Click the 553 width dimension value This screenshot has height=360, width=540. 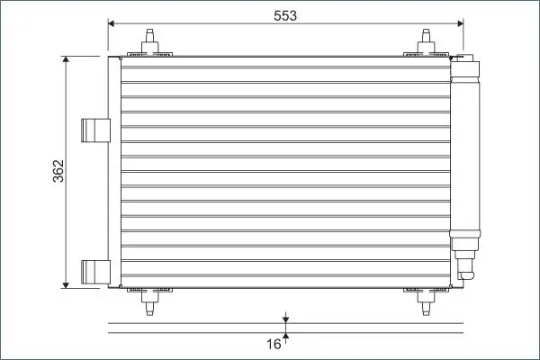coord(285,15)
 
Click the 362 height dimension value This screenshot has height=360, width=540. coord(58,171)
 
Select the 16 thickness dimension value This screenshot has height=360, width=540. coord(274,344)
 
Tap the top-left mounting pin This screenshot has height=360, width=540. coord(149,41)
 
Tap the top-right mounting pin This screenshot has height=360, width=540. coord(427,41)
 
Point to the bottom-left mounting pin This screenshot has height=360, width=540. coord(149,302)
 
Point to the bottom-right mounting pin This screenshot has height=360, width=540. coord(427,302)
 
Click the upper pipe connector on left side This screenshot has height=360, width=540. coord(95,130)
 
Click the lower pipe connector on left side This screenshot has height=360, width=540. coord(95,272)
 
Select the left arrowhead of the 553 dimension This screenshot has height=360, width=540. coord(112,23)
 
